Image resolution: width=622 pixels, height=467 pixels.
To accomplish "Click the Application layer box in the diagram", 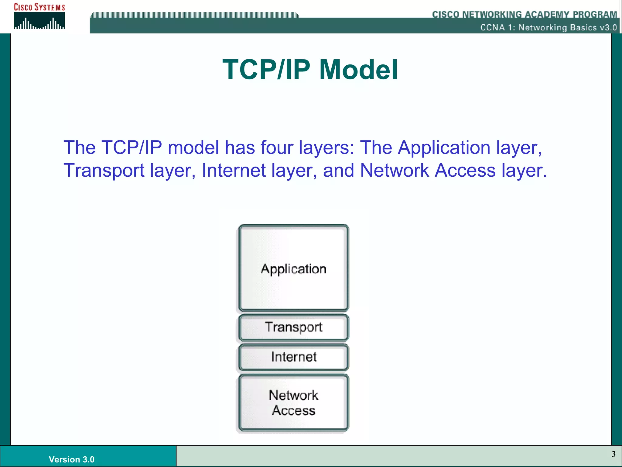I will tap(293, 268).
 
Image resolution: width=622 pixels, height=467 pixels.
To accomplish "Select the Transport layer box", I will tap(293, 327).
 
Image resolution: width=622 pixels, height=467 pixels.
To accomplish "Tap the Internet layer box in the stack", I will tap(293, 357).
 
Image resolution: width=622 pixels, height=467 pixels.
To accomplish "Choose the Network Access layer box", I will tap(293, 403).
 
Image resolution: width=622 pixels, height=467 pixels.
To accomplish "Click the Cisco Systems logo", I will tap(39, 17).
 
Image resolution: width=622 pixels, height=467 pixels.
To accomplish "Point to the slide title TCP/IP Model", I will tap(310, 70).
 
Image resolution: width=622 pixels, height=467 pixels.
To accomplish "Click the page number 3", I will tap(613, 454).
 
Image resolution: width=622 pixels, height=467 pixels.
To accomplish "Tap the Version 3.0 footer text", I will tap(71, 459).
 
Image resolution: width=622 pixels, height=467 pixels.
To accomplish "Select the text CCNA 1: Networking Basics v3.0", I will tap(549, 28).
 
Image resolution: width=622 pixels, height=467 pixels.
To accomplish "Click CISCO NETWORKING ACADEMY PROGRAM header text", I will tap(525, 14).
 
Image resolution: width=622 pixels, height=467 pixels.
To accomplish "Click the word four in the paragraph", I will tap(277, 148).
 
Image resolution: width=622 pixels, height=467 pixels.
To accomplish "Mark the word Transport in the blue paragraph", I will tap(104, 170).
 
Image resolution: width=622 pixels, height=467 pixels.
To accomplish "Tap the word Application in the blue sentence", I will tap(444, 148).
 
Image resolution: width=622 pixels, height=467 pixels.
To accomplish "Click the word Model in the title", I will tap(358, 70).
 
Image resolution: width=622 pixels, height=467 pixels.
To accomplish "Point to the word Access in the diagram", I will tap(293, 410).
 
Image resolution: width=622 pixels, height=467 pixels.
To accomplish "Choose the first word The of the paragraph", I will tap(79, 148).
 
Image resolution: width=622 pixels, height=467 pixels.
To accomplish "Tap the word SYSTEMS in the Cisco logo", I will tap(50, 7).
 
